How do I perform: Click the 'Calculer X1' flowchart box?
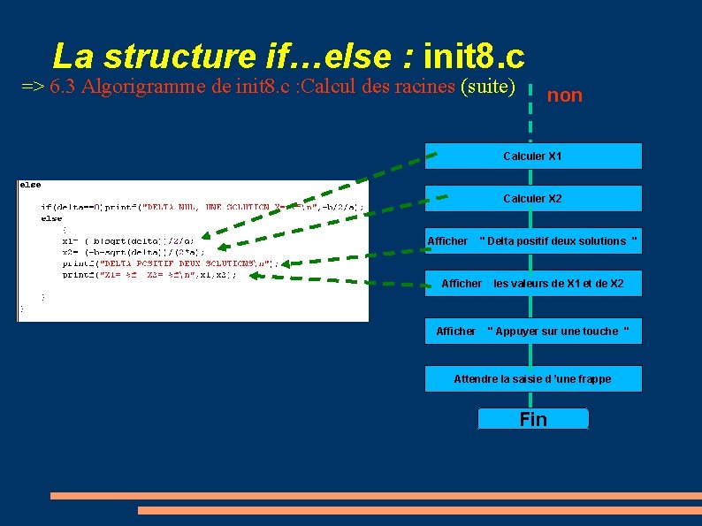(532, 156)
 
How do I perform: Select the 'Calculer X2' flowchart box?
(532, 199)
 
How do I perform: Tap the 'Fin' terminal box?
(533, 420)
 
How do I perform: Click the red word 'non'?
(565, 95)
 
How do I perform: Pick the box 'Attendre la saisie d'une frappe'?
(532, 379)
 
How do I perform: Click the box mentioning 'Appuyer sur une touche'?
(532, 332)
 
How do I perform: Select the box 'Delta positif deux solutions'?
(532, 241)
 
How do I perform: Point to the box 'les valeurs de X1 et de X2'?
(532, 284)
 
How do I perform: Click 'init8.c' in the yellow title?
(474, 57)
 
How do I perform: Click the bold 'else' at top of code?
(30, 185)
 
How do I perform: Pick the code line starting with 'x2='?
(133, 252)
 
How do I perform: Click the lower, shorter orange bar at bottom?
(419, 511)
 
